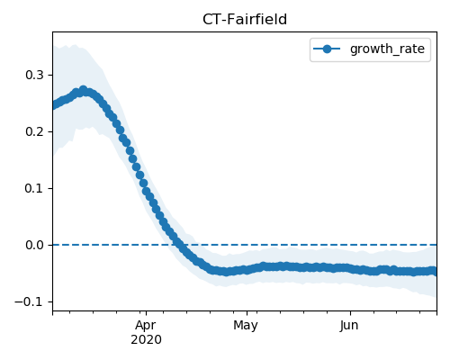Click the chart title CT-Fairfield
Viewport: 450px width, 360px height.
245,20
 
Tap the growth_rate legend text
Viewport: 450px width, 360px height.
387,49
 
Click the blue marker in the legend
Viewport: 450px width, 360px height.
327,49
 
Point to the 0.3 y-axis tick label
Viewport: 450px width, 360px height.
34,75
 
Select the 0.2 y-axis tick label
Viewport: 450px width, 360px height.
34,131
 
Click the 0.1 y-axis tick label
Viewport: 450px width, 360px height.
34,188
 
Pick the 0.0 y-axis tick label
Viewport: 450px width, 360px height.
34,245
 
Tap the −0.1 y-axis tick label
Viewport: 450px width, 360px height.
30,301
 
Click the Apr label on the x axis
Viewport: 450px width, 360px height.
146,326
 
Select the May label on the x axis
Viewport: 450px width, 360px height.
246,326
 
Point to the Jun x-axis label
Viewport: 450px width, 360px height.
349,326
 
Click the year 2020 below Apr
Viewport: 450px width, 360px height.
146,340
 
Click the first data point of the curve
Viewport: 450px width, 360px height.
54,105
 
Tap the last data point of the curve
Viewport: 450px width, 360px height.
434,271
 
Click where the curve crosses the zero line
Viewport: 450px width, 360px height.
178,245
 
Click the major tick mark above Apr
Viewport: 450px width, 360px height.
146,313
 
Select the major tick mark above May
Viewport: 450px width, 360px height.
247,313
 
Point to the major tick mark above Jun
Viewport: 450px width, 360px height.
350,313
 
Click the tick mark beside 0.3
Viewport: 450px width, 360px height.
50,75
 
